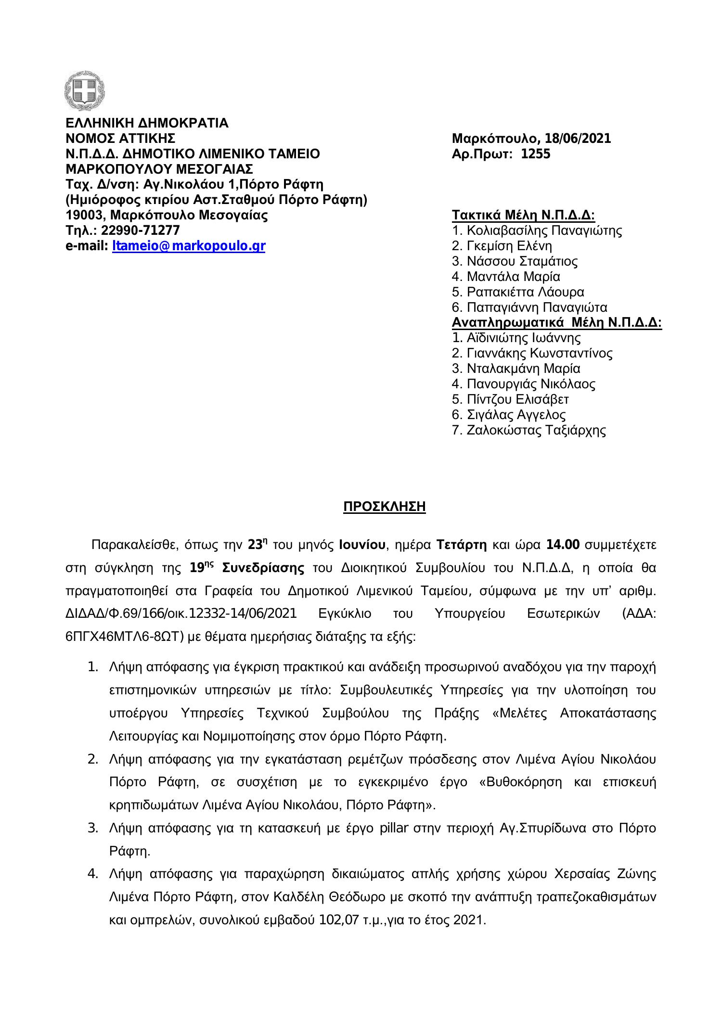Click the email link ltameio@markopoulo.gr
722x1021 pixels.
tap(188, 246)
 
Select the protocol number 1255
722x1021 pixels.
tap(536, 154)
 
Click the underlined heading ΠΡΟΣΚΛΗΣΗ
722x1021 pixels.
tap(384, 507)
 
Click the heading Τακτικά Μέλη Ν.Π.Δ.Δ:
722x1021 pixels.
tap(524, 215)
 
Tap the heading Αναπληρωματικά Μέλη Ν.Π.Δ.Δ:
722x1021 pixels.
tap(557, 323)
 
